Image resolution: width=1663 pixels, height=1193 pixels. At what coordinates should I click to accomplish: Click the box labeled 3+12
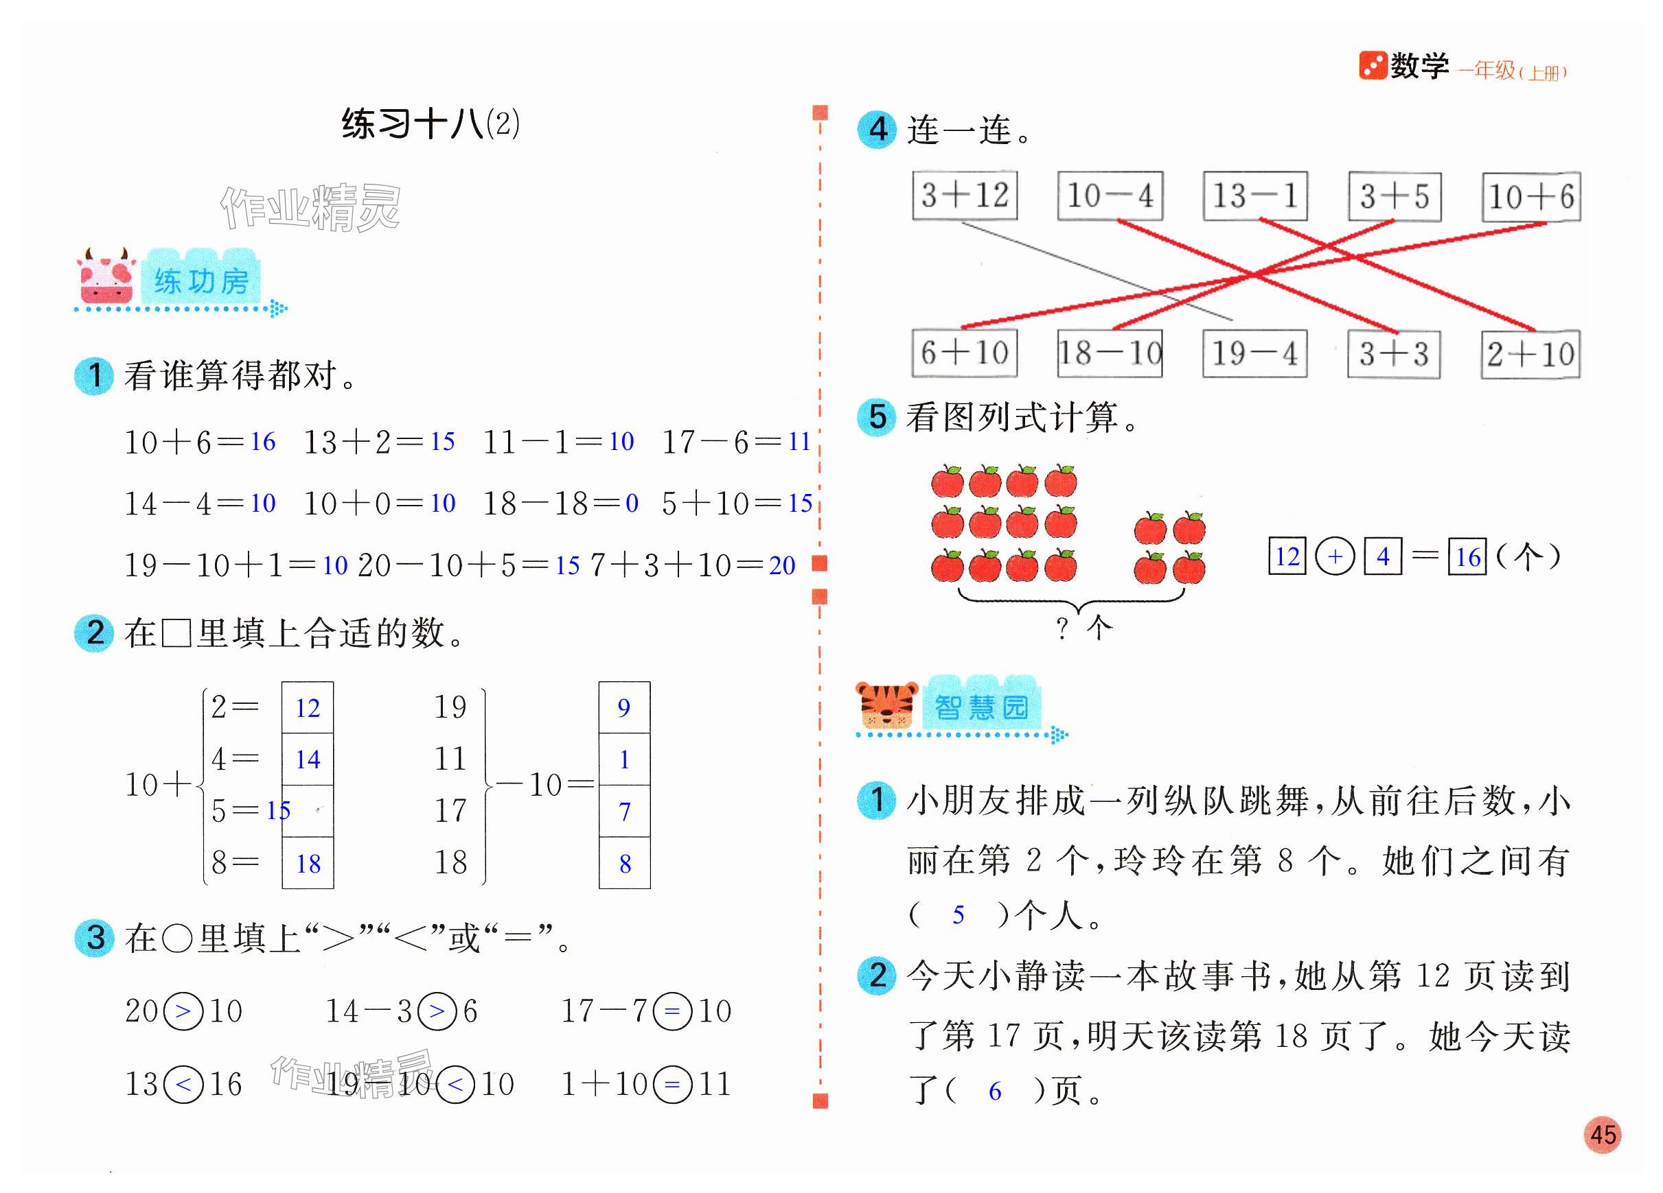[x=964, y=196]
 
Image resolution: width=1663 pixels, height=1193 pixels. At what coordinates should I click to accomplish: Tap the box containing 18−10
[x=1110, y=354]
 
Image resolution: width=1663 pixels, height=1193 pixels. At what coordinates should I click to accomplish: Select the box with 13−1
[x=1254, y=196]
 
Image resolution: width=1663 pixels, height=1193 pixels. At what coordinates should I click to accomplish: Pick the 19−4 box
[x=1254, y=354]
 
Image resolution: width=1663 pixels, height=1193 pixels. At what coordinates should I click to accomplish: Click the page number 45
[x=1603, y=1135]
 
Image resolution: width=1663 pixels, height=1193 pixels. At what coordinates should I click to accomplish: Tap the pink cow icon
[x=107, y=277]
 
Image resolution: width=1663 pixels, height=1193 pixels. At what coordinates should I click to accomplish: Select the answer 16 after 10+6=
[x=262, y=442]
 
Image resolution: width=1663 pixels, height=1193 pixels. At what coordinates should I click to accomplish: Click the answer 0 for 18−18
[x=631, y=504]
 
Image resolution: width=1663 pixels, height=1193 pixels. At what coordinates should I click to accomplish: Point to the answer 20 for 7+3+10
[x=781, y=566]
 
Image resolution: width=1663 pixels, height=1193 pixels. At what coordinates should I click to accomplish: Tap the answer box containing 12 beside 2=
[x=308, y=708]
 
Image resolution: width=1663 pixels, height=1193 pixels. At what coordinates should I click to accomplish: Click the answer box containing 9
[x=624, y=708]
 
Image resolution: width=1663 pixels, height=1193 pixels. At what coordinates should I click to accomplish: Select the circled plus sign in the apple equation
[x=1335, y=556]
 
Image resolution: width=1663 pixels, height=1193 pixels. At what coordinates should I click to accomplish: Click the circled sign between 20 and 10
[x=183, y=1011]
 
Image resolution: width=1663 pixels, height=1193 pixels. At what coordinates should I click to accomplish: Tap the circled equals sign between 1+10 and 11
[x=672, y=1085]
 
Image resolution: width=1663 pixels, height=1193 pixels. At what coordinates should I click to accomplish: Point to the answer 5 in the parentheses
[x=958, y=915]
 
